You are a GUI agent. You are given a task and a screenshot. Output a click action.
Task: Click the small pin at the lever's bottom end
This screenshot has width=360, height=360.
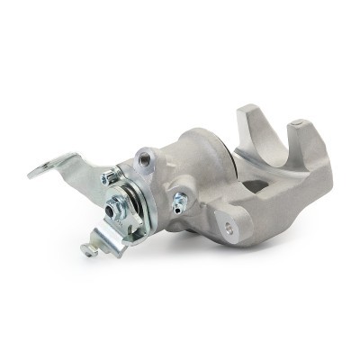[x=89, y=249]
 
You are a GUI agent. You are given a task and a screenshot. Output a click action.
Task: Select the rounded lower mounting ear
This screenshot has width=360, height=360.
[x=238, y=225]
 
